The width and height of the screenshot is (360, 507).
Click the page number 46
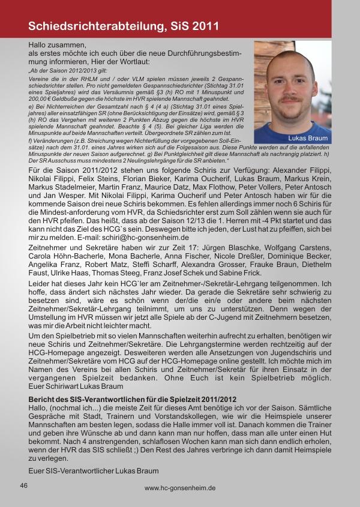(x=24, y=485)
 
